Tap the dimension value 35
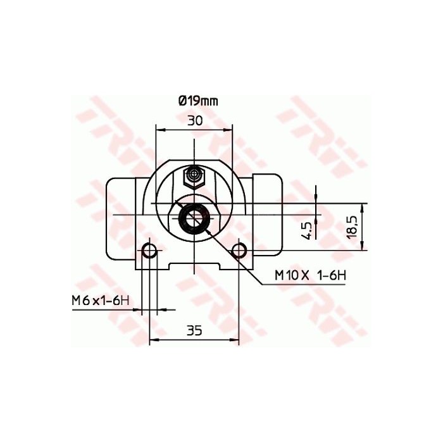pos(194,330)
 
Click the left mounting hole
pos(149,251)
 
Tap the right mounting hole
pos(239,251)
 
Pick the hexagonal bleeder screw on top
pos(194,176)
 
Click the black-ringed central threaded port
pos(194,217)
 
